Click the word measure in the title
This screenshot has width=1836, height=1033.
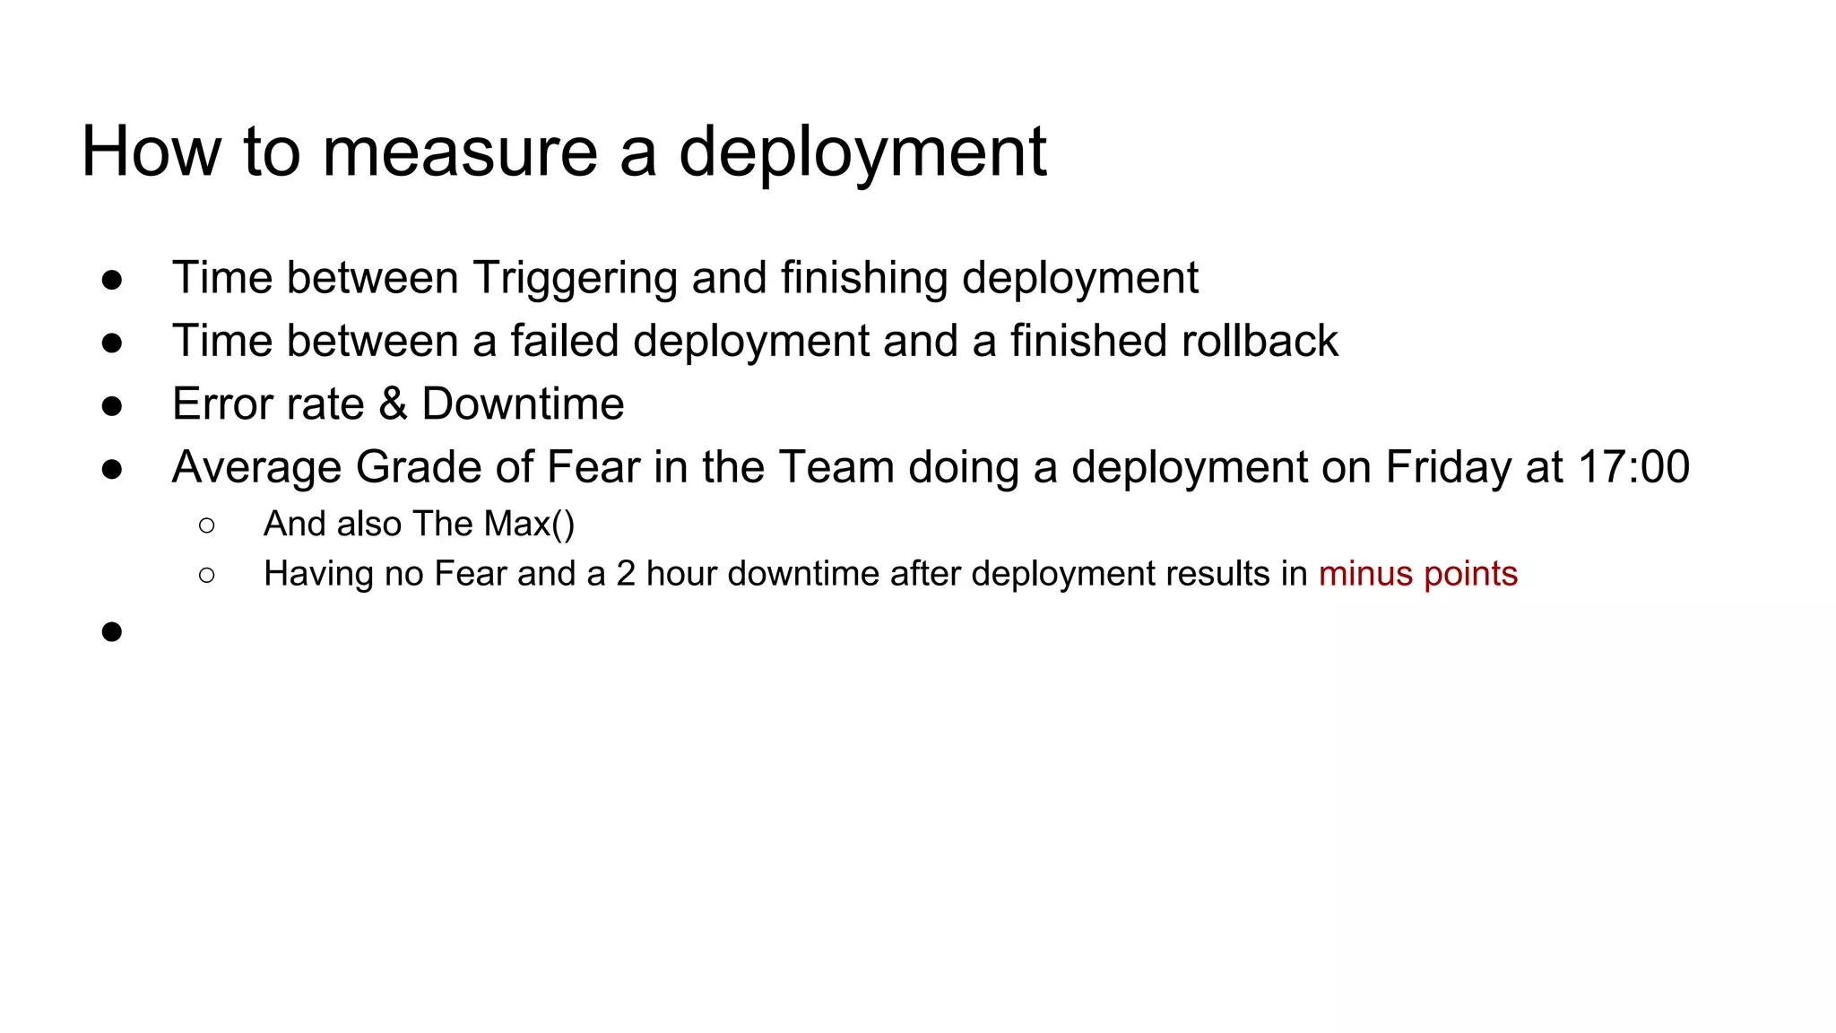coord(459,152)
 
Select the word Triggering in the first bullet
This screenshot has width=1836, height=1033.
coord(575,278)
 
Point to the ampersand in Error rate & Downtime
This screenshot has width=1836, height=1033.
coord(393,404)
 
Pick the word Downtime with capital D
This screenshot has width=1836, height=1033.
coord(523,404)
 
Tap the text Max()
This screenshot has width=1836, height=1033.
coord(529,524)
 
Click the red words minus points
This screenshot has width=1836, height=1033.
coord(1417,574)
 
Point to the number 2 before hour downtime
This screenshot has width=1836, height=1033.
coord(626,574)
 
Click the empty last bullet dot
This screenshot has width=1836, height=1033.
coord(112,632)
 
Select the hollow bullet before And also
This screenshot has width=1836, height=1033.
coord(207,525)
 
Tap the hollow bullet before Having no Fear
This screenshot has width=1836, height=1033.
coord(207,575)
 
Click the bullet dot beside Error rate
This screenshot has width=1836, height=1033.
coord(112,406)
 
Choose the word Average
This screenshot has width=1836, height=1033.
coord(256,467)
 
